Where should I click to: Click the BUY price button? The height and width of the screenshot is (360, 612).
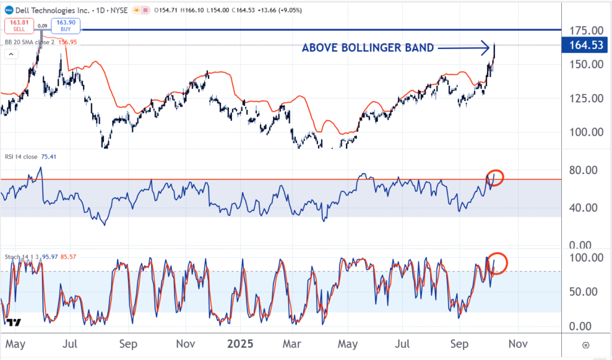coord(65,25)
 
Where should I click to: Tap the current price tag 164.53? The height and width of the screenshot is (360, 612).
coord(586,44)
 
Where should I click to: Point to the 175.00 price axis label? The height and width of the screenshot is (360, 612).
coord(585,30)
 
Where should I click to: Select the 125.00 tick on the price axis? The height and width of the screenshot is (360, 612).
coord(585,98)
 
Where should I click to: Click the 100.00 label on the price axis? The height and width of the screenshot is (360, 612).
coord(585,132)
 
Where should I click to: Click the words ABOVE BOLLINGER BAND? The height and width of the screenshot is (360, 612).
coord(368,48)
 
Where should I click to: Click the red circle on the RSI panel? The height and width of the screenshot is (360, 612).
coord(495,178)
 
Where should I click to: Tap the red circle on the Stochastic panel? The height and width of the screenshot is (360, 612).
coord(498,263)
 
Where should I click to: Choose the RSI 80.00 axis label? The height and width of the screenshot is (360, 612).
coord(585,170)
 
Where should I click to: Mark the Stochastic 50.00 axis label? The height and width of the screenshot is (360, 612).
coord(585,292)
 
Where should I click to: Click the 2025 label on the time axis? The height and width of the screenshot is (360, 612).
coord(240,344)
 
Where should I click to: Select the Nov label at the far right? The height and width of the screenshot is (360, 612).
coord(518,344)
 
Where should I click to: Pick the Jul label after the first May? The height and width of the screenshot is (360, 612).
coord(71,344)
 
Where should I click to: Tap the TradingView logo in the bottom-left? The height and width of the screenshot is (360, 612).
coord(14,322)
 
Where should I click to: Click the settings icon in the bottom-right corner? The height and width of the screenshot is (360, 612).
coord(586,345)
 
